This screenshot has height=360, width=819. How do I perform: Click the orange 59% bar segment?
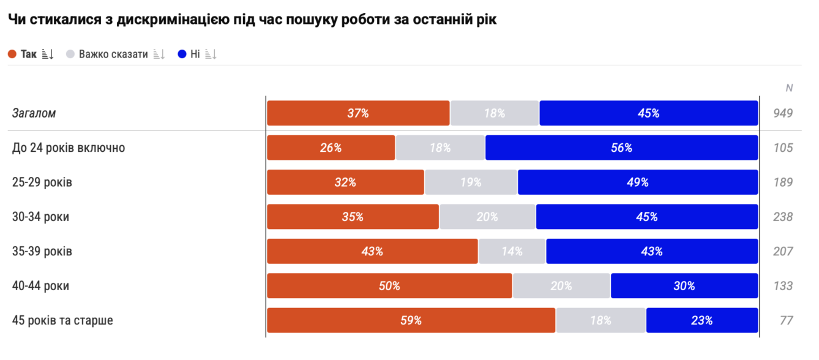click(411, 320)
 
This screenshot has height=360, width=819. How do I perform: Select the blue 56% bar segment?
click(621, 148)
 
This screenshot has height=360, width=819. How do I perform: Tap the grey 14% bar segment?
click(512, 251)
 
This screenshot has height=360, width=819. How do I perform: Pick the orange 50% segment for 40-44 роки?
click(389, 285)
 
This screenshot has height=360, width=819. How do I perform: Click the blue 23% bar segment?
click(702, 320)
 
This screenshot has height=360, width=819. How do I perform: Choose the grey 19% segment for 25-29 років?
click(471, 182)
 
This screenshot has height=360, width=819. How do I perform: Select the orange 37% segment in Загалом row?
click(358, 113)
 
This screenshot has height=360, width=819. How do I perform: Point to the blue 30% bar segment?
click(684, 285)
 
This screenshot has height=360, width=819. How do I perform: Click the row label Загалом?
click(34, 113)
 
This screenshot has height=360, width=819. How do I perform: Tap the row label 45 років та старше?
click(62, 320)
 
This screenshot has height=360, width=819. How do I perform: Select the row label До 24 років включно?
click(69, 148)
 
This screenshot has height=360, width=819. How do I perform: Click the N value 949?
click(783, 113)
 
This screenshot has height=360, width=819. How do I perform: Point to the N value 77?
click(786, 320)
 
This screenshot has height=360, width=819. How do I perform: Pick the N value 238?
click(783, 217)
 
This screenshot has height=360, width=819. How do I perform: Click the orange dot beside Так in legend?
click(12, 54)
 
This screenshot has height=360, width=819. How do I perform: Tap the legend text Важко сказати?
click(113, 54)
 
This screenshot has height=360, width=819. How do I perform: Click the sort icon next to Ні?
click(211, 54)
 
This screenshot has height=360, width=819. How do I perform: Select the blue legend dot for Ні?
click(182, 54)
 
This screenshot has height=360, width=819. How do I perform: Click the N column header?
click(789, 88)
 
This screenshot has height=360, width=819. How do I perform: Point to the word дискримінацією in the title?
click(173, 20)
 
